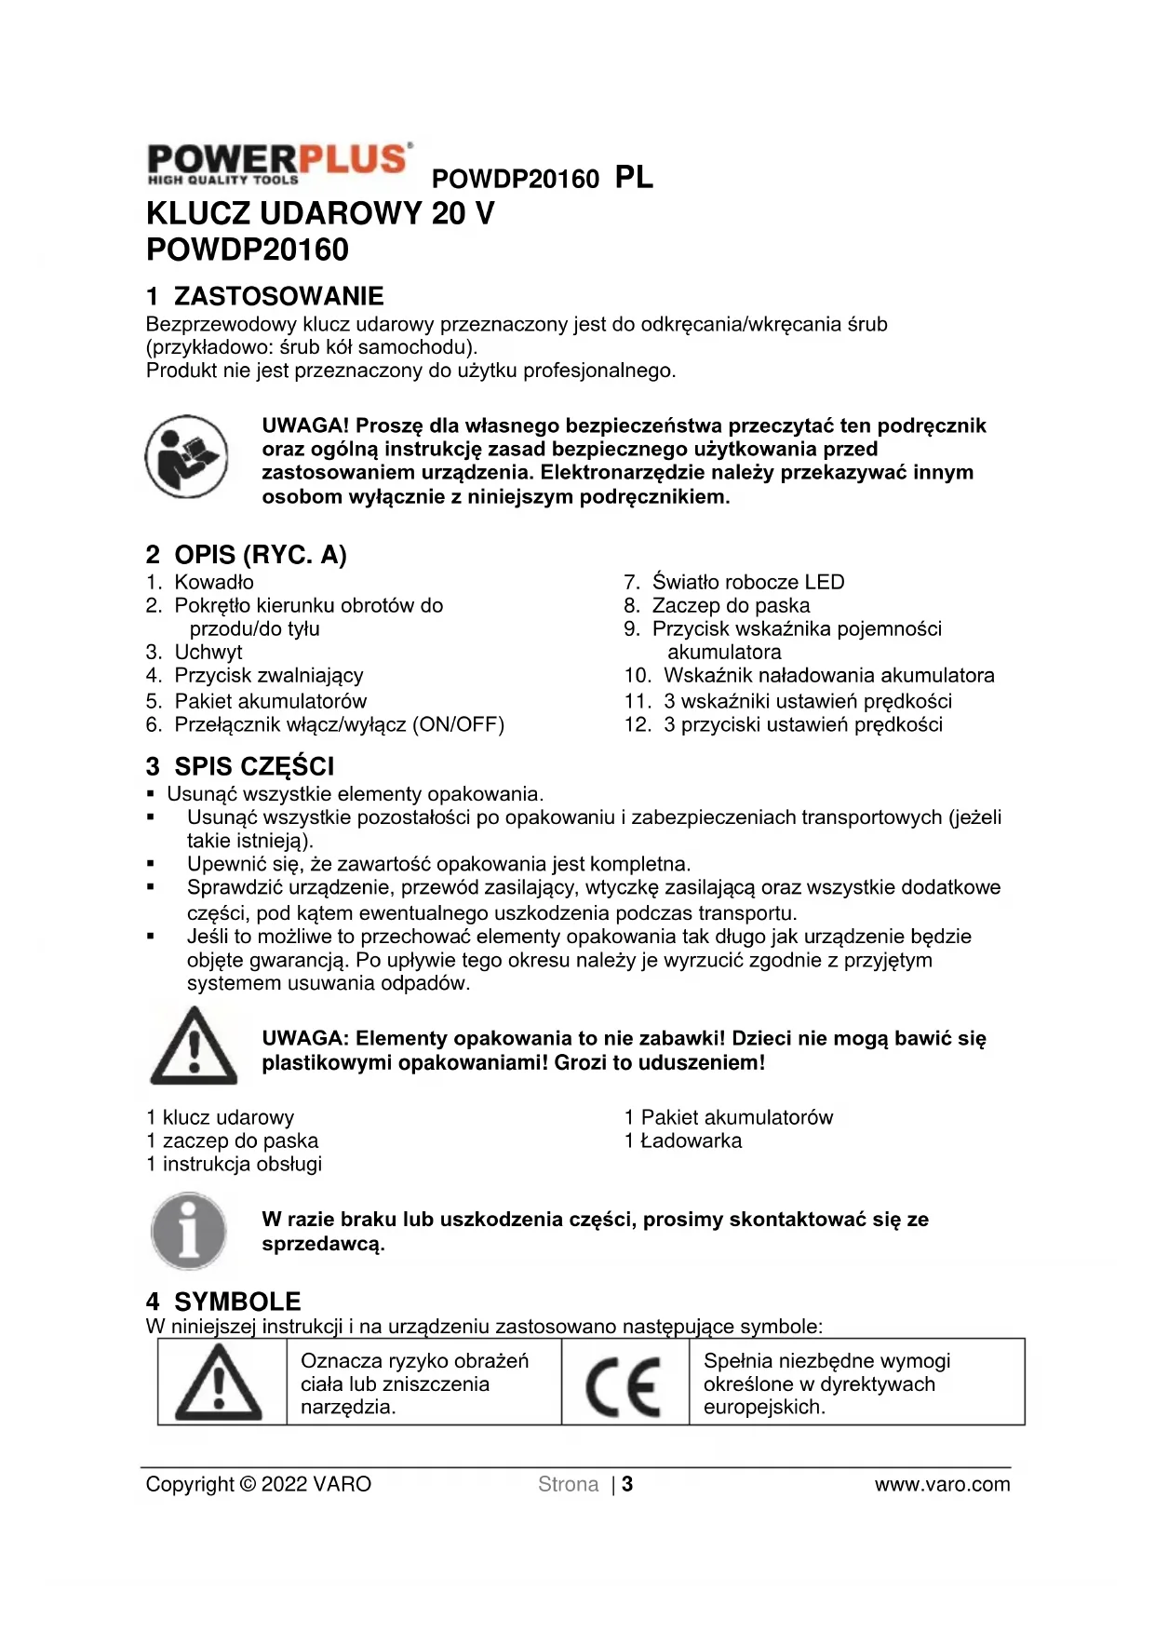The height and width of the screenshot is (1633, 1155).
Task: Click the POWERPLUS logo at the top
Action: tap(278, 164)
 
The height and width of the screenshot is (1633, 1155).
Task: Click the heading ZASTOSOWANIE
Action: tap(278, 296)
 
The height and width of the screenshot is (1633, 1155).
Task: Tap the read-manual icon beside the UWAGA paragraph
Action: tap(186, 456)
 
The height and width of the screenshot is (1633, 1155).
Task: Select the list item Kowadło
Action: tap(213, 582)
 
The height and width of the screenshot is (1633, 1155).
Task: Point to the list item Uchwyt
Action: tap(208, 652)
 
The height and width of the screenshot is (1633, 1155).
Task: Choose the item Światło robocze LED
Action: tap(747, 582)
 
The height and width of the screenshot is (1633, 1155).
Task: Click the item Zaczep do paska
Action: tap(730, 605)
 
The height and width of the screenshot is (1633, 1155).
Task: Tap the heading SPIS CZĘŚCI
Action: tap(253, 766)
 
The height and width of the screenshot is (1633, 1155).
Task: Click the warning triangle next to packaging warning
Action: tap(194, 1046)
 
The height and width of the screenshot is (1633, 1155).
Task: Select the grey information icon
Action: tap(189, 1231)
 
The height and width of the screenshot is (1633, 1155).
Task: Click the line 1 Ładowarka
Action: tap(683, 1140)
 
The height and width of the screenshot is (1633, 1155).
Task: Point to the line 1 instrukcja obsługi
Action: tap(234, 1164)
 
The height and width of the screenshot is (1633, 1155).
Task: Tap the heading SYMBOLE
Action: tap(237, 1301)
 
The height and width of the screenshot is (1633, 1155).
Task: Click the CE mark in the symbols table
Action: tap(624, 1384)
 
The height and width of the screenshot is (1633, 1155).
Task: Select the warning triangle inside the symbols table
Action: tap(220, 1383)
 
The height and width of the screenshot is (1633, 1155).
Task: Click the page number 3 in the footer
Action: tap(628, 1484)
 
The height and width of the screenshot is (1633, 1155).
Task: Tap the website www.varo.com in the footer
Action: tap(942, 1484)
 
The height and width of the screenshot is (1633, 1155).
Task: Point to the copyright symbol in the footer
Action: tap(247, 1484)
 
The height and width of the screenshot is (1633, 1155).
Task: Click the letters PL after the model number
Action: tap(634, 177)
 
